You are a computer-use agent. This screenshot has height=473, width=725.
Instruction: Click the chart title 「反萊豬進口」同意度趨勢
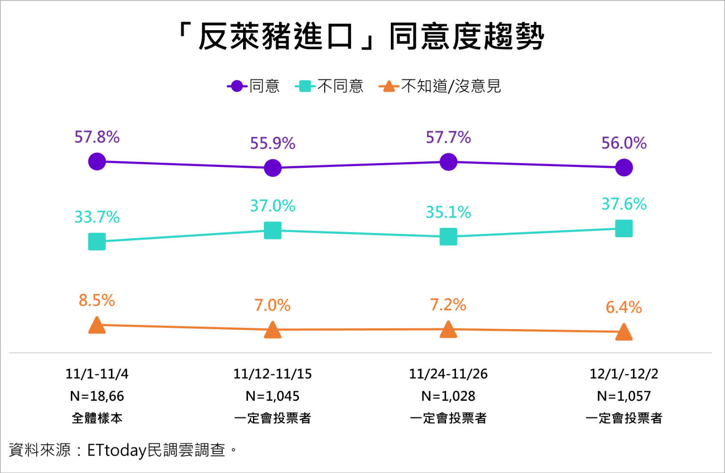click(362, 36)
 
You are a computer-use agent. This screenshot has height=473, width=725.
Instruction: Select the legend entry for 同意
click(254, 86)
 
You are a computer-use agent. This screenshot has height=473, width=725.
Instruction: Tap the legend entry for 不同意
click(330, 86)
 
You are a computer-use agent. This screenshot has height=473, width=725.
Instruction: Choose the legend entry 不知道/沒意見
click(440, 86)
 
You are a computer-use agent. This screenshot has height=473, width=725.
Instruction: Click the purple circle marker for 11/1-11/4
click(97, 161)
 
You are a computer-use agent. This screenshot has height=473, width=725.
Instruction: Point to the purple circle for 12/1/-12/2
click(624, 167)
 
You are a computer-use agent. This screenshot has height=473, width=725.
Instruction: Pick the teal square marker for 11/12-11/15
click(273, 231)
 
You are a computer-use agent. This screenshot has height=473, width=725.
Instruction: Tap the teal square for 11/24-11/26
click(448, 237)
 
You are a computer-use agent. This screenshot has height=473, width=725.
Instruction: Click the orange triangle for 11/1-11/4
click(97, 325)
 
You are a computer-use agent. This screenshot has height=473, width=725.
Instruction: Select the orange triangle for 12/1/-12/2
click(624, 332)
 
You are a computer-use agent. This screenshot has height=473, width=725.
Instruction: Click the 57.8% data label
click(97, 137)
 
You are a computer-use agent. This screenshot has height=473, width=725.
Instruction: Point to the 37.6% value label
click(624, 204)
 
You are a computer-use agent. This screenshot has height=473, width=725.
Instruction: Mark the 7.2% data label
click(448, 305)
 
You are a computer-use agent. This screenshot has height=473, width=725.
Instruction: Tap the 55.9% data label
click(273, 143)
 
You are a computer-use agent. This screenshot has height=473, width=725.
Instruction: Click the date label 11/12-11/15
click(273, 374)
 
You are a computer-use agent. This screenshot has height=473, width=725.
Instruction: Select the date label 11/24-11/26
click(448, 374)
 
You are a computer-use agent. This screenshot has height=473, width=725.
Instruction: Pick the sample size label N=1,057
click(624, 396)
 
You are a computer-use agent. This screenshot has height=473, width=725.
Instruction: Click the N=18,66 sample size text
click(97, 396)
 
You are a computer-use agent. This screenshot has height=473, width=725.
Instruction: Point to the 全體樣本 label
click(97, 418)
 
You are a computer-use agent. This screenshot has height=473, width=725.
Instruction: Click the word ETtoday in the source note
click(117, 450)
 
